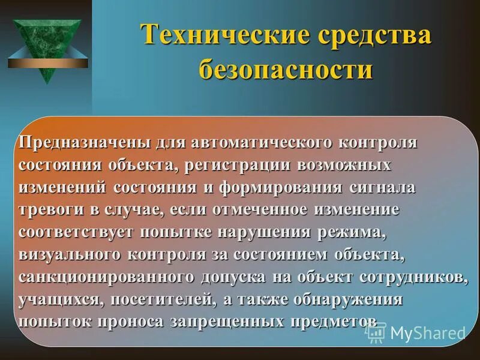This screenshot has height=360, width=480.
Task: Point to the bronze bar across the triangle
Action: [47, 62]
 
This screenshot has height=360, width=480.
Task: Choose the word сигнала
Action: [382, 187]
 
